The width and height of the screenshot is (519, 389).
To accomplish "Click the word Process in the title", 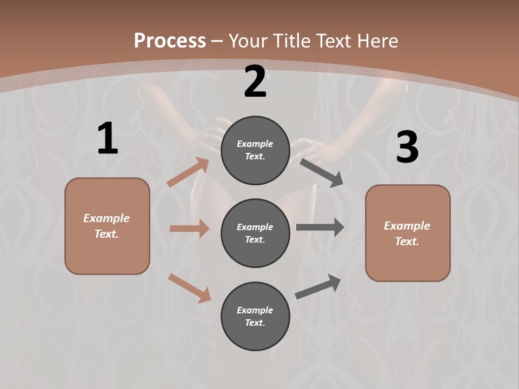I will (170, 41).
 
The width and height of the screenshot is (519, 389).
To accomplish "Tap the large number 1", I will (108, 139).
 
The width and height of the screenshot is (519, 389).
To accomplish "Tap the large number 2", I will (255, 82).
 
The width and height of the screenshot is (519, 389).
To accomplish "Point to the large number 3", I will (407, 147).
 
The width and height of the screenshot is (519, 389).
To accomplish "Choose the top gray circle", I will (255, 150).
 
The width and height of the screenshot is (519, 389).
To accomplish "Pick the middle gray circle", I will (255, 233).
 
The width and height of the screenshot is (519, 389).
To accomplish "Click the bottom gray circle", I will (255, 316).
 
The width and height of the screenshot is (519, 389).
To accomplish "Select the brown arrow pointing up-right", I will (188, 172).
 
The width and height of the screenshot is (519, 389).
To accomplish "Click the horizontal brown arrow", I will (189, 229).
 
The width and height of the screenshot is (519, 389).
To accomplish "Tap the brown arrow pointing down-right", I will (189, 287).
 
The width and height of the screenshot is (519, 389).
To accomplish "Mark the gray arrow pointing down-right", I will (322, 172).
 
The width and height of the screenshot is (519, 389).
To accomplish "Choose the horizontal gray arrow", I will (320, 227).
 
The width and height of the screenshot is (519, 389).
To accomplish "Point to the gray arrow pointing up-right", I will (318, 286).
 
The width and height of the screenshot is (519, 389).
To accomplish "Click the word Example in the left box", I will (107, 218).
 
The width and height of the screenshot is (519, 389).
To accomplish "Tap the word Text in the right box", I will (407, 242).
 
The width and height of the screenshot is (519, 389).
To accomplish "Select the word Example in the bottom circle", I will (255, 310).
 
